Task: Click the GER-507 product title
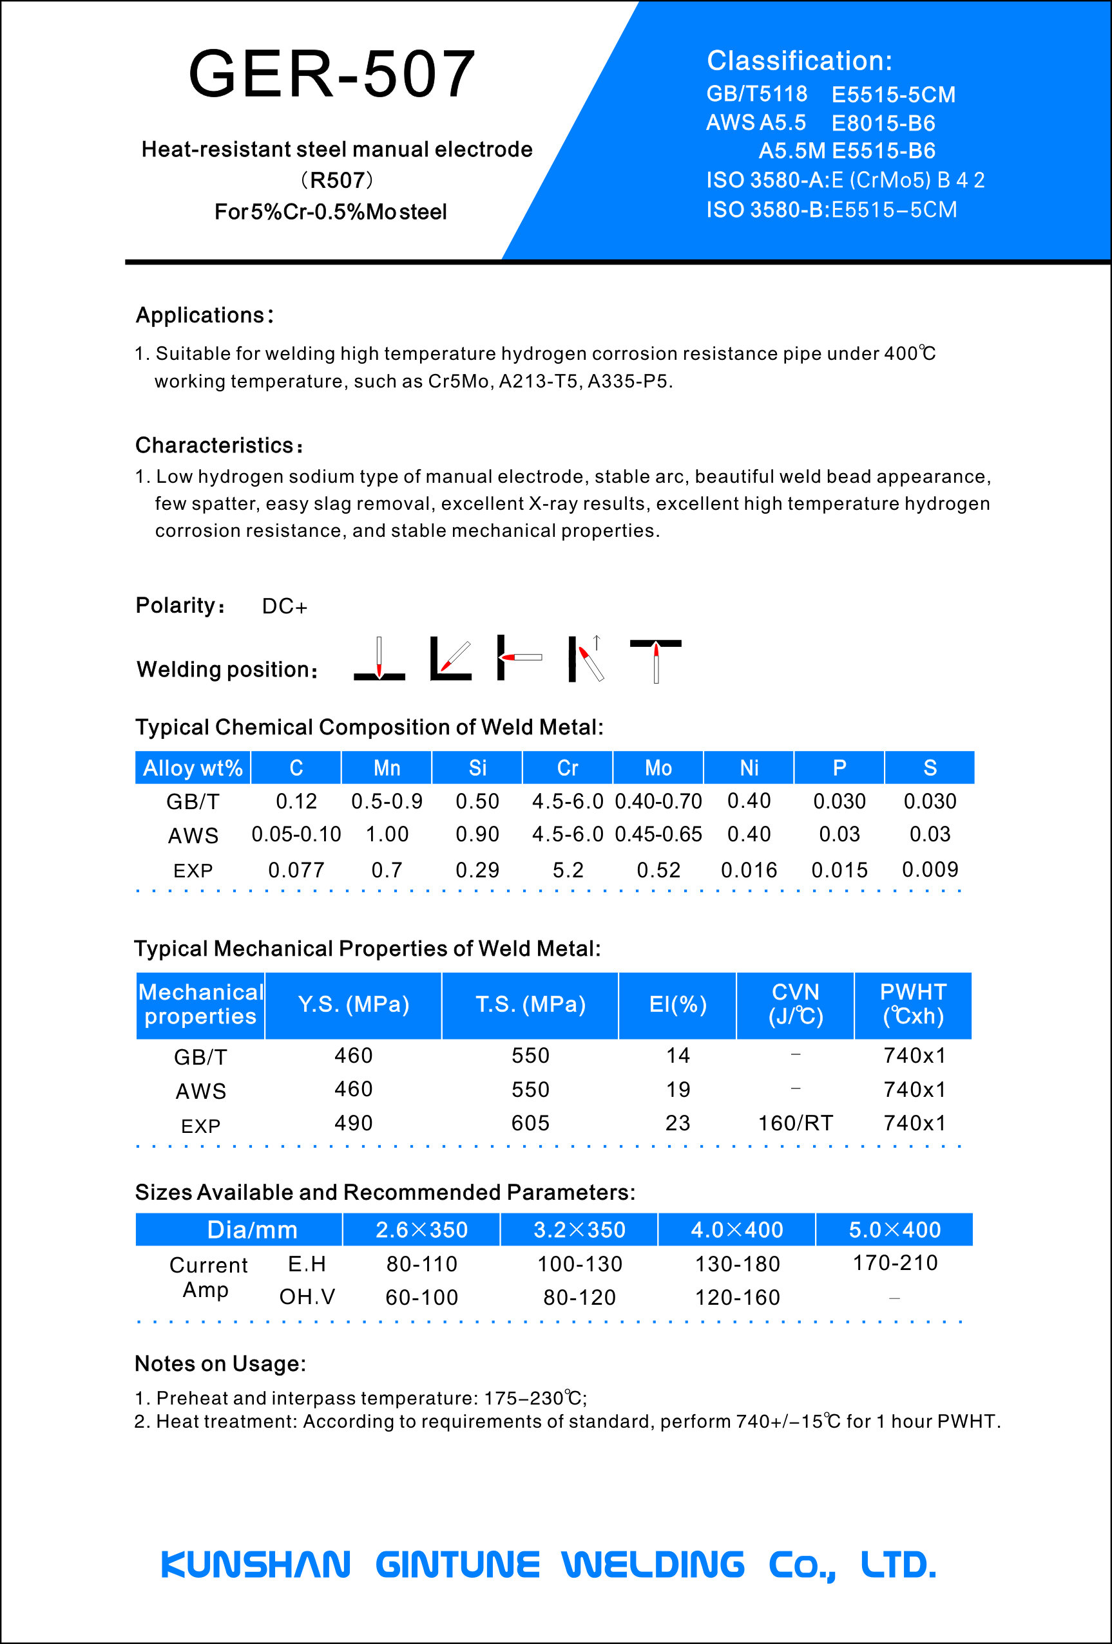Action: click(332, 73)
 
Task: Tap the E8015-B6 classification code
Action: click(883, 123)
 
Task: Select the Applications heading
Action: click(204, 315)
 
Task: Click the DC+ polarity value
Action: click(285, 606)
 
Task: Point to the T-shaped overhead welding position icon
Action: click(655, 659)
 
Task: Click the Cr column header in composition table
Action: click(568, 768)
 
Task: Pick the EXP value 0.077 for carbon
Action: click(296, 870)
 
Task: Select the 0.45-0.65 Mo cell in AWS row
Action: click(658, 835)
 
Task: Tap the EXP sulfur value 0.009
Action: click(930, 870)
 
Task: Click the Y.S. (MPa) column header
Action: click(353, 1005)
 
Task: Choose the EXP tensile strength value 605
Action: click(530, 1123)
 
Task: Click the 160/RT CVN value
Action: click(796, 1123)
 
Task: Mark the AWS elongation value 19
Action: click(677, 1089)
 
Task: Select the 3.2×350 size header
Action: click(579, 1230)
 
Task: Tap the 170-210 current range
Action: click(895, 1263)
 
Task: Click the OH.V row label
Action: click(307, 1296)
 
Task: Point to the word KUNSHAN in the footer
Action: click(256, 1565)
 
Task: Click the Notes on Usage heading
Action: click(220, 1364)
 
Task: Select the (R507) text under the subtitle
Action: click(337, 180)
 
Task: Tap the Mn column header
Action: click(387, 768)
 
